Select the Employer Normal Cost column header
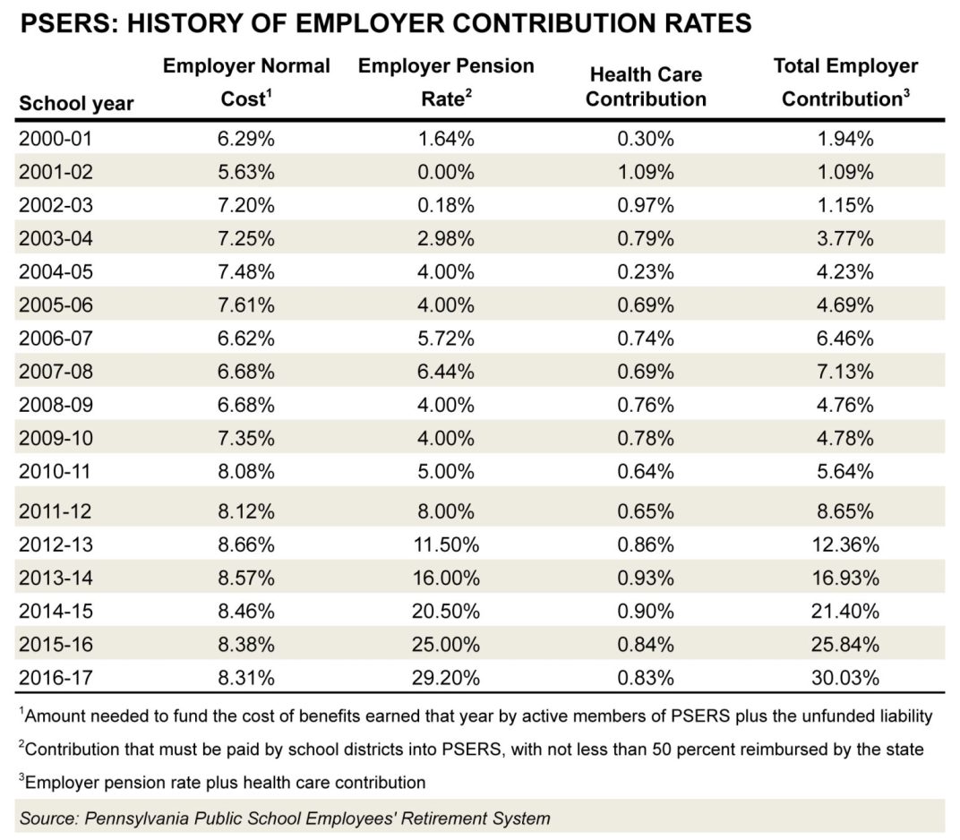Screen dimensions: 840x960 [x=246, y=82]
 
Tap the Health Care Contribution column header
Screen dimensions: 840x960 [x=646, y=87]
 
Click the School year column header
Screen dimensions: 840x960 [x=76, y=103]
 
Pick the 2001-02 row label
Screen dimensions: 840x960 [x=55, y=171]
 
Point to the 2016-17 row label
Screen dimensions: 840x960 [x=55, y=678]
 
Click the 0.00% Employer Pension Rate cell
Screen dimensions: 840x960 [x=445, y=171]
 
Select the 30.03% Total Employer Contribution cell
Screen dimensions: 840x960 [x=845, y=678]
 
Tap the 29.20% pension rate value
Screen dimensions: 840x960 [x=445, y=678]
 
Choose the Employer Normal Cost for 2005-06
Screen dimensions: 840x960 [x=246, y=305]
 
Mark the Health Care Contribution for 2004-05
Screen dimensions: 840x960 [x=646, y=272]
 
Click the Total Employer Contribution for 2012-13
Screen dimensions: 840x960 [x=845, y=544]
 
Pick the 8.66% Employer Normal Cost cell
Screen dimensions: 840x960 [x=246, y=544]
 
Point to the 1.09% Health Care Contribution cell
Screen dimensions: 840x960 [x=646, y=171]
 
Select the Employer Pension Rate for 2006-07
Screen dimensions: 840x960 [x=445, y=339]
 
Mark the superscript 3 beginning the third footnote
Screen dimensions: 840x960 [x=21, y=779]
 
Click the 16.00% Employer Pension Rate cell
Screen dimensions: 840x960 [x=445, y=577]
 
